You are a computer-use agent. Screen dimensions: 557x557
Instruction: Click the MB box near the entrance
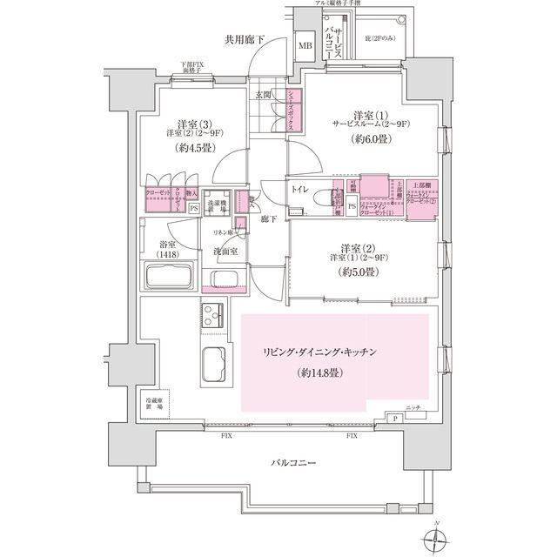(x=306, y=46)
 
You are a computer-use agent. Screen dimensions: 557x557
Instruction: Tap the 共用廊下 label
(x=245, y=39)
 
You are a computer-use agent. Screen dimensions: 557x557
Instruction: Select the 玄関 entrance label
(x=265, y=96)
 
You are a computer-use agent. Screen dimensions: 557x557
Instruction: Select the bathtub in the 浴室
(x=171, y=281)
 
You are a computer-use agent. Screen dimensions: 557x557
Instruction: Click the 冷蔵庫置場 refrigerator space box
(x=158, y=402)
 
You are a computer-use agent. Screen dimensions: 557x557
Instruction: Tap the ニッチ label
(x=413, y=407)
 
